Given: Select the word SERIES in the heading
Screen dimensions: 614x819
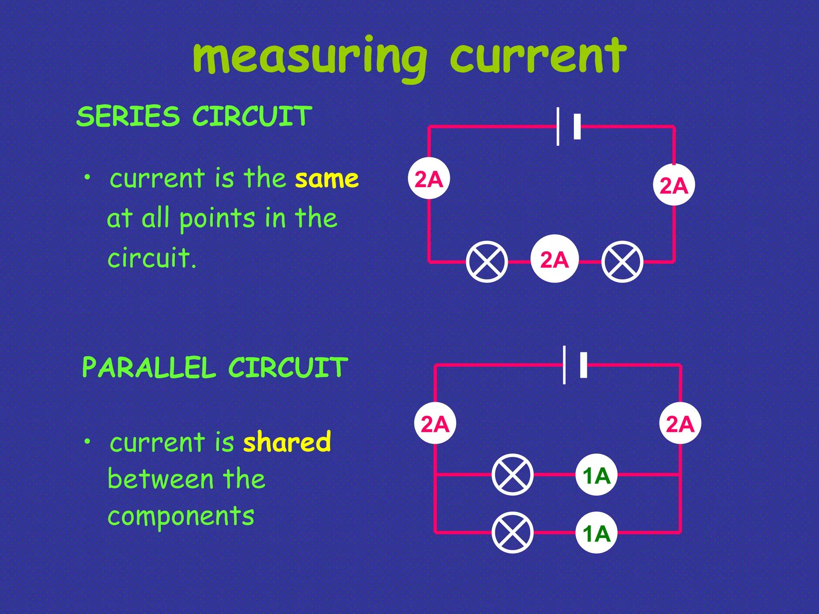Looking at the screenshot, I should [x=128, y=116].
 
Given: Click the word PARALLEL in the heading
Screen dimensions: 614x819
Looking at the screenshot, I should [x=149, y=368].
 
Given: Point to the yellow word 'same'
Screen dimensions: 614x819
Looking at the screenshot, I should [x=327, y=179].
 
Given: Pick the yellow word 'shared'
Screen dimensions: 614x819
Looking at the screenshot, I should [x=287, y=442].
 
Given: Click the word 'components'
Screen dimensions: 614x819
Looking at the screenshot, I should [x=181, y=516].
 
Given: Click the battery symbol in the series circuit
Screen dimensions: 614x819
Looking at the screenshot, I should [x=568, y=127].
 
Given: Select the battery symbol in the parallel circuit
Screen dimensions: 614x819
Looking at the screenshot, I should [x=575, y=365].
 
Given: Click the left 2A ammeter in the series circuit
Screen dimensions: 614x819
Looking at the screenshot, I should [x=429, y=179].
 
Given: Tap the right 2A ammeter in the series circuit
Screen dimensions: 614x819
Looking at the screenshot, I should [x=674, y=185].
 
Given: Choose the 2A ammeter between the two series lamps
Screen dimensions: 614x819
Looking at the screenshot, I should [x=554, y=259].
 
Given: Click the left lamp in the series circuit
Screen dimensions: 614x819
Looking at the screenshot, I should [x=487, y=262].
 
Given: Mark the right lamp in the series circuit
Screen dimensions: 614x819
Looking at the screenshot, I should [x=622, y=262].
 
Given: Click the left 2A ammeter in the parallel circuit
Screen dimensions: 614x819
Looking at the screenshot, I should [x=435, y=423].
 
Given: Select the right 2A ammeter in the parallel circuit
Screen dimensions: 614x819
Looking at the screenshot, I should [x=680, y=423].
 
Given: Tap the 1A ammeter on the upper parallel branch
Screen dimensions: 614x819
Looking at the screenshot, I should [x=596, y=475].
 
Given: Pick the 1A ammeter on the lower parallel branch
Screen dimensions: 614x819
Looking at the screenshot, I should [x=596, y=532].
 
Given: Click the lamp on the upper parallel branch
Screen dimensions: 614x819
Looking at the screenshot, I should [x=512, y=475].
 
